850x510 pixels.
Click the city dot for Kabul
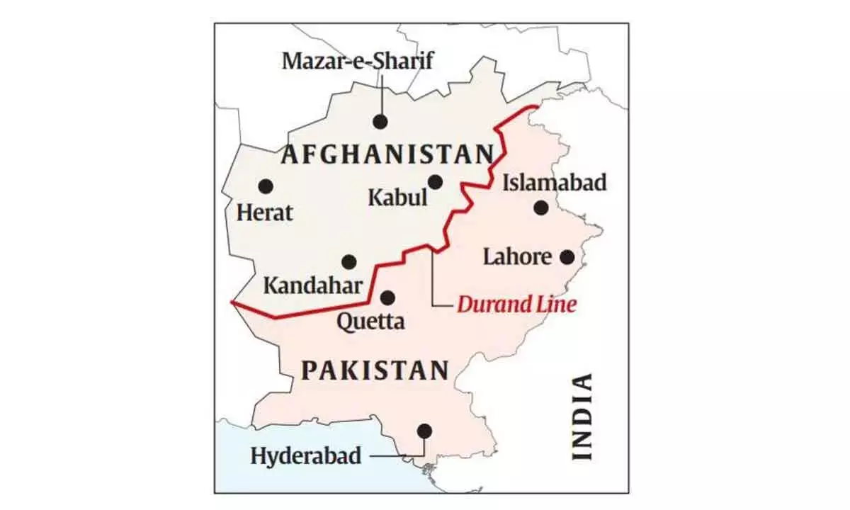[435, 182]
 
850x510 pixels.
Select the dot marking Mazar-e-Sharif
[380, 122]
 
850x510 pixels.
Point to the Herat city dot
[266, 186]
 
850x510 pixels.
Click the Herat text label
[265, 212]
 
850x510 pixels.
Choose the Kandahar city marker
[349, 262]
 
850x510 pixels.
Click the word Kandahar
[313, 286]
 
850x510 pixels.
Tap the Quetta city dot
[387, 297]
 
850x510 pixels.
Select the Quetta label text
[370, 322]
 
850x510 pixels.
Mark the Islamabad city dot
[541, 208]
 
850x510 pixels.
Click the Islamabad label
[555, 183]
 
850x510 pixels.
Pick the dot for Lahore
[567, 257]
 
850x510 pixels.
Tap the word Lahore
[516, 256]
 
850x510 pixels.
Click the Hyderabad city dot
[424, 430]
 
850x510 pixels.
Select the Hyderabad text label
[305, 455]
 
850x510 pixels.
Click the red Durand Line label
[516, 305]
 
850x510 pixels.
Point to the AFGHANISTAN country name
[387, 154]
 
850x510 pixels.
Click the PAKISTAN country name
[375, 370]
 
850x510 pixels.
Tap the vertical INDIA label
[582, 417]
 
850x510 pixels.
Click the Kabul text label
[397, 197]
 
